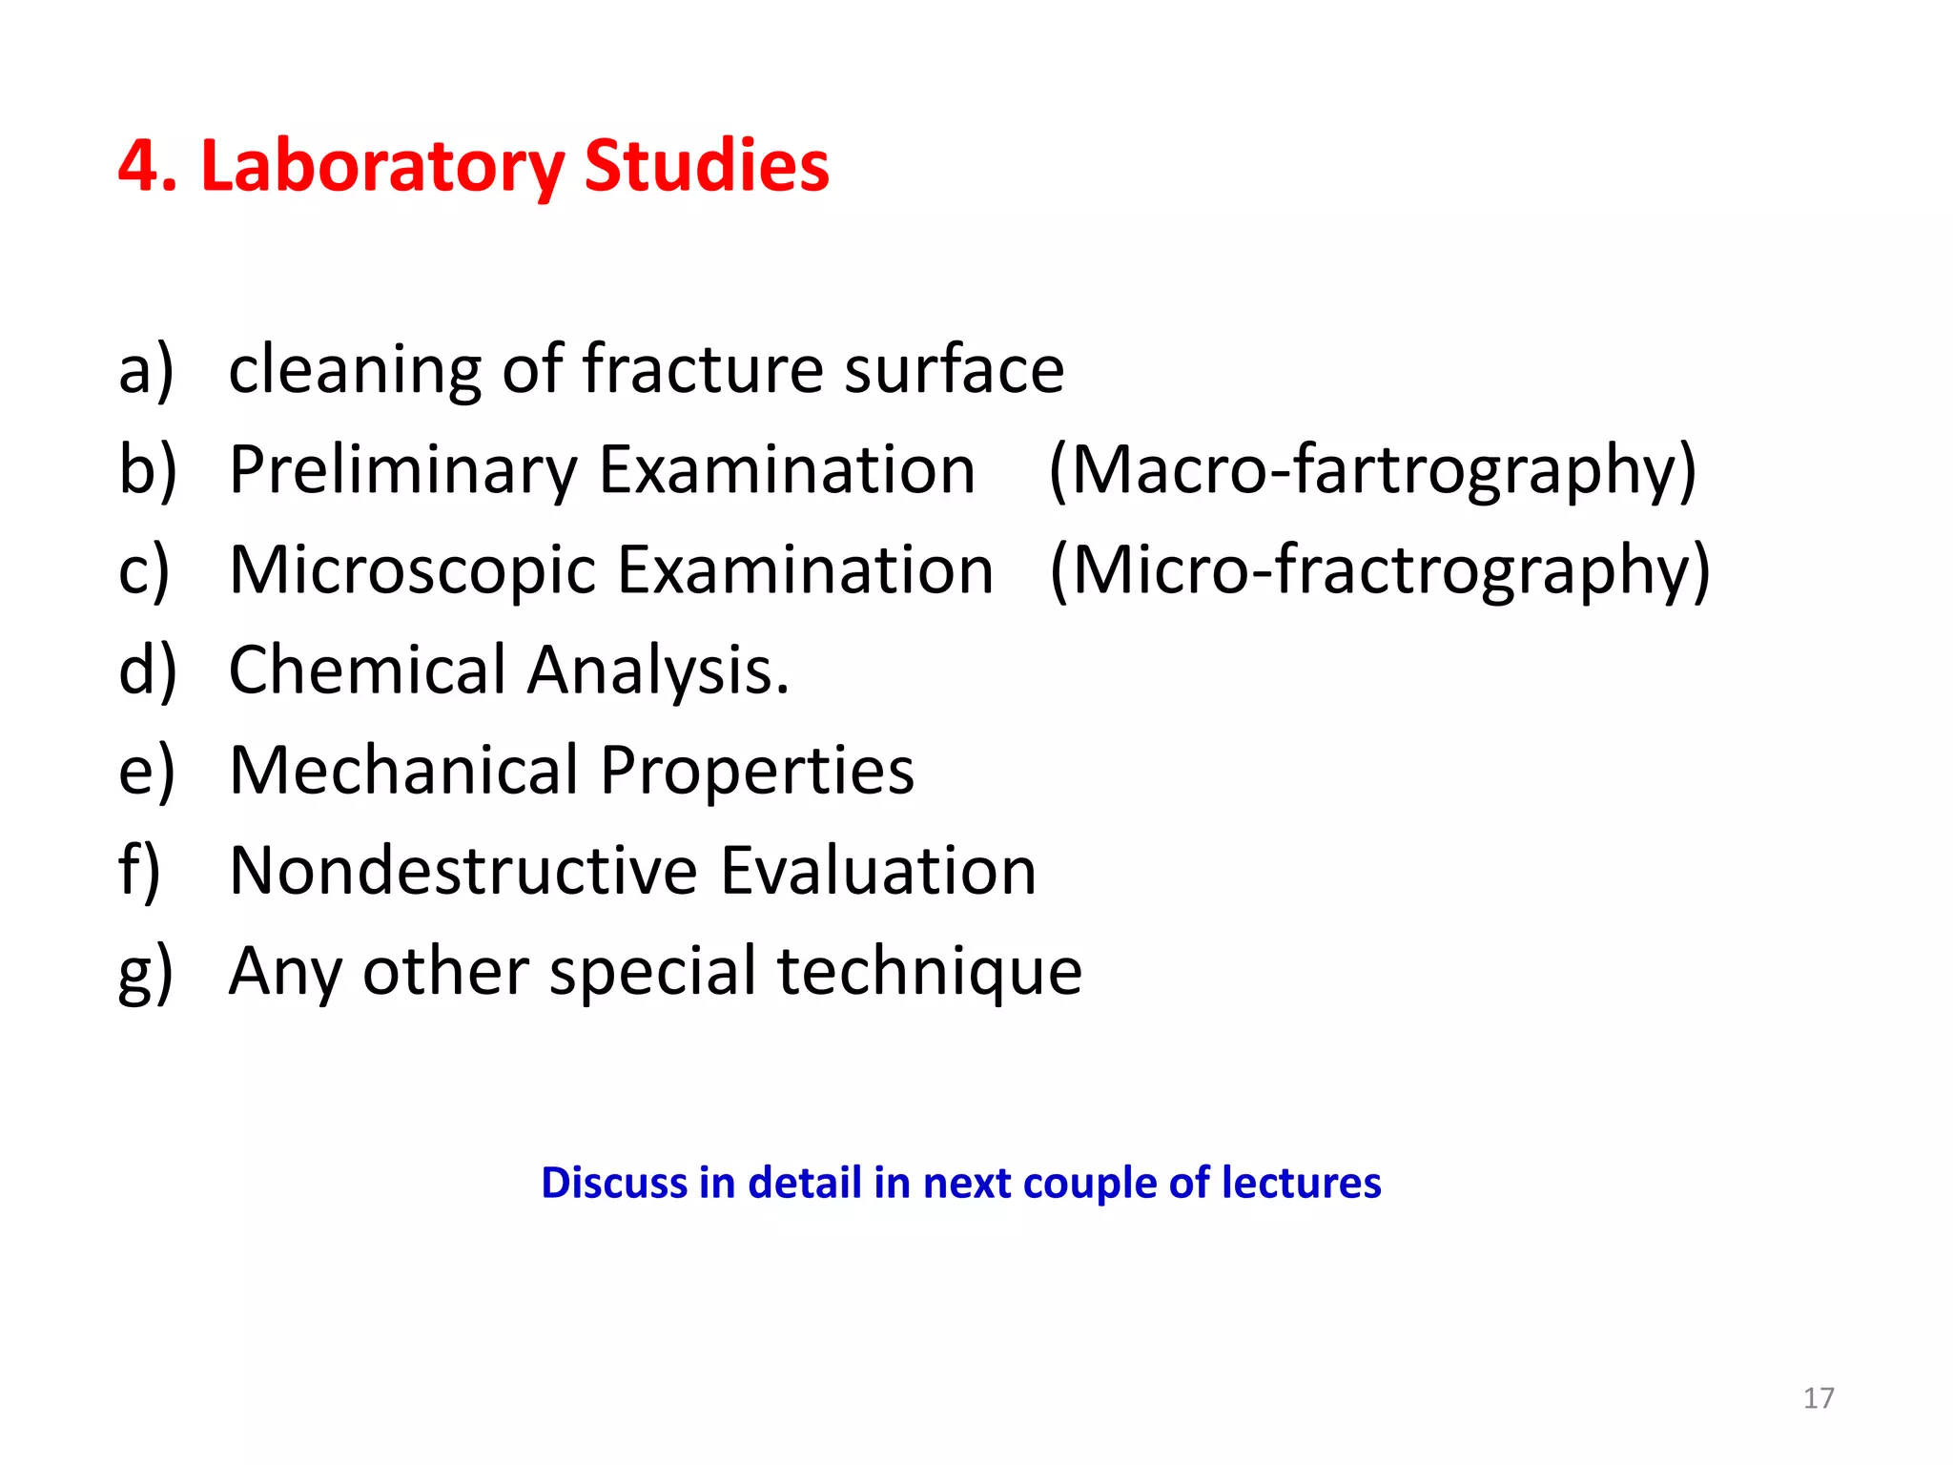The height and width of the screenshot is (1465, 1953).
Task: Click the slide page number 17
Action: click(x=1819, y=1398)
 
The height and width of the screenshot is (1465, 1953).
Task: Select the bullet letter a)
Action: click(x=146, y=369)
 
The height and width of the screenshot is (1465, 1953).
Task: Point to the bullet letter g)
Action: click(x=145, y=973)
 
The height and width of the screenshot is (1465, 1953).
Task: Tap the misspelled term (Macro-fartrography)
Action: click(x=1372, y=470)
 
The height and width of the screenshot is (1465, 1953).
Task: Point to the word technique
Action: click(x=930, y=972)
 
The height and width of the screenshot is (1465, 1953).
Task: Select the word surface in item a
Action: click(x=954, y=369)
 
